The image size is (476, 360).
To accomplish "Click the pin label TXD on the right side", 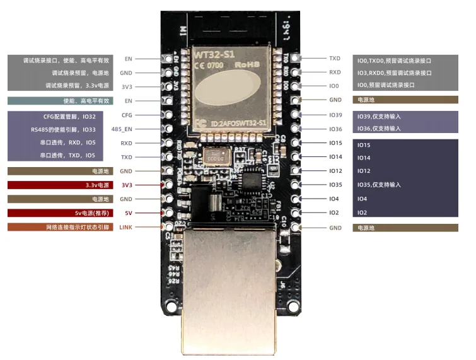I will click(335, 58).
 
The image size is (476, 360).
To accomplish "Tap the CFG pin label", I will click(127, 115).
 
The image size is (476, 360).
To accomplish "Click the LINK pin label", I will click(125, 227).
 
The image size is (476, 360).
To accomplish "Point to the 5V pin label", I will click(128, 213).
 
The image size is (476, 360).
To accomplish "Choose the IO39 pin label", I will click(335, 115).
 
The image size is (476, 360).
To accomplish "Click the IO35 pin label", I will click(335, 185).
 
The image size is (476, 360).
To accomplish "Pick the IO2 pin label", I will click(334, 212).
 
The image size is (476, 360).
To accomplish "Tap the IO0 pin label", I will click(334, 85).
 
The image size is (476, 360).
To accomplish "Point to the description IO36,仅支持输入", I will click(379, 129).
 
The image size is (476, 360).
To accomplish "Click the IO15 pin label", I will click(335, 143).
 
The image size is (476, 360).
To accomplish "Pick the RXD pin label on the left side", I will click(127, 143).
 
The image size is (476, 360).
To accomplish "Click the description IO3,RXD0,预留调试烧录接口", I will click(394, 73).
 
